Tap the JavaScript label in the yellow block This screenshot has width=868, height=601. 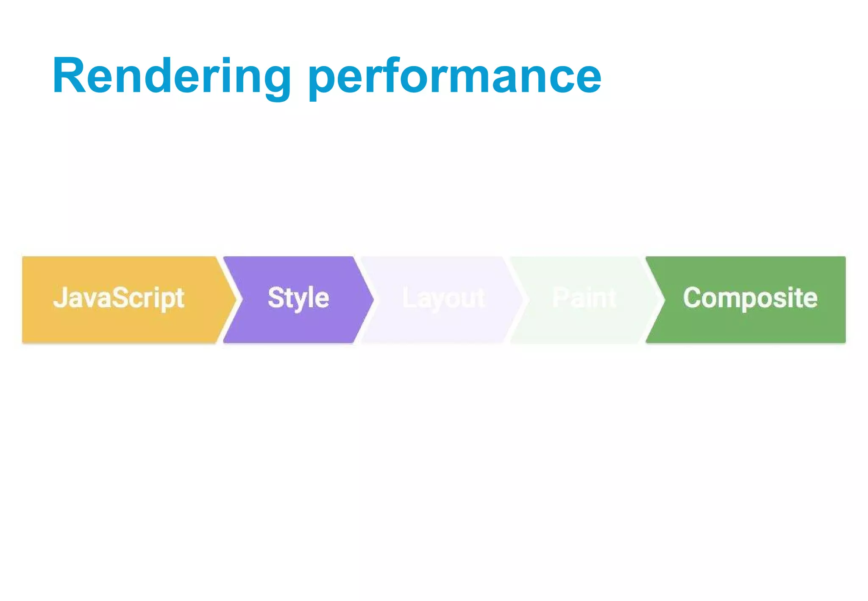(119, 298)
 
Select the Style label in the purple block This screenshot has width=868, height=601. (298, 298)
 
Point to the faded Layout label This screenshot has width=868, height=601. (443, 298)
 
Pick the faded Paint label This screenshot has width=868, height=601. (584, 298)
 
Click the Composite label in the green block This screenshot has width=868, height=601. (750, 298)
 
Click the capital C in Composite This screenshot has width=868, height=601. (692, 297)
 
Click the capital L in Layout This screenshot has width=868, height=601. (408, 297)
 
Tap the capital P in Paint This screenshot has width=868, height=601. (559, 297)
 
